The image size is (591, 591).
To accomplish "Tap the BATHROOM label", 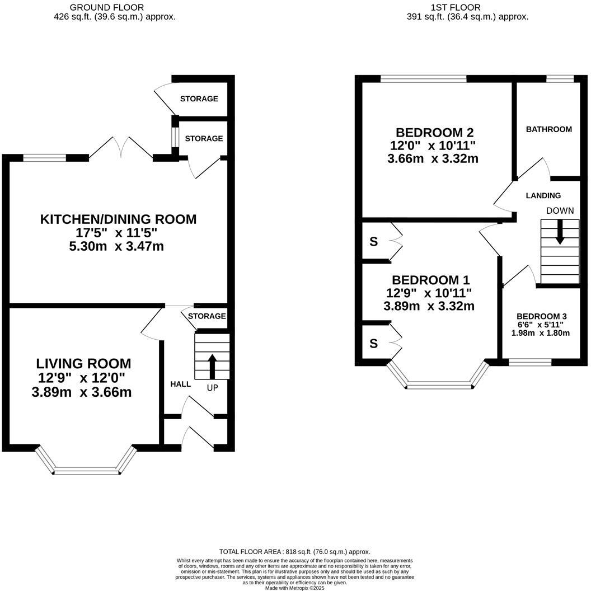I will click(x=548, y=129).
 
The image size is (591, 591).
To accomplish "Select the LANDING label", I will click(x=543, y=195).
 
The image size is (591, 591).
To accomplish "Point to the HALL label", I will click(x=180, y=384).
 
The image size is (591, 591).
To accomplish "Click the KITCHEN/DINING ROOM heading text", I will click(x=118, y=219).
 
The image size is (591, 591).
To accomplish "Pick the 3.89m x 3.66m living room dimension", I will click(x=82, y=392).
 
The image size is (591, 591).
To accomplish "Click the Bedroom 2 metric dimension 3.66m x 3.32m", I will click(x=433, y=158).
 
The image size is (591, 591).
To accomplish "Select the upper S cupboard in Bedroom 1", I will click(x=373, y=242).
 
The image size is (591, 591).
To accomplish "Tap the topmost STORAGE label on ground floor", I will click(x=199, y=99).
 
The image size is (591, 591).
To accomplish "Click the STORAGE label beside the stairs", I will click(x=207, y=316).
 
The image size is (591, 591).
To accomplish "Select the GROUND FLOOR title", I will click(x=106, y=7).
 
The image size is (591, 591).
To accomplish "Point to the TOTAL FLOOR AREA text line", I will click(x=294, y=551).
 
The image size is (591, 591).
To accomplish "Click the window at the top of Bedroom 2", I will click(x=423, y=79).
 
